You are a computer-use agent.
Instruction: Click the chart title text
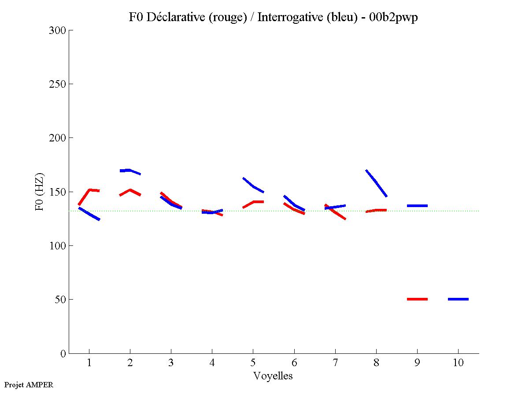[x=273, y=17]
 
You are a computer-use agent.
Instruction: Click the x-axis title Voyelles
[x=273, y=376]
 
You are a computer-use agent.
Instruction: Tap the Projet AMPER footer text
[x=29, y=385]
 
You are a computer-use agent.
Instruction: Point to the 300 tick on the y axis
[x=58, y=30]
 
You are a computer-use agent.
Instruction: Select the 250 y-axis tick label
[x=58, y=84]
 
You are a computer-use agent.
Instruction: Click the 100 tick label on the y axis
[x=58, y=246]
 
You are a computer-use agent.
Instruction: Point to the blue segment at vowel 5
[x=253, y=186]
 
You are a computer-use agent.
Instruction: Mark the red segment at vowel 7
[x=335, y=212]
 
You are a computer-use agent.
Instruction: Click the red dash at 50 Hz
[x=417, y=299]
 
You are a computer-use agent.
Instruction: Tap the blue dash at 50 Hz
[x=458, y=299]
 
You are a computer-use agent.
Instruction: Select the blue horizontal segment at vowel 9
[x=417, y=206]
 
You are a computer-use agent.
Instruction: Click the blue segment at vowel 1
[x=89, y=214]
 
